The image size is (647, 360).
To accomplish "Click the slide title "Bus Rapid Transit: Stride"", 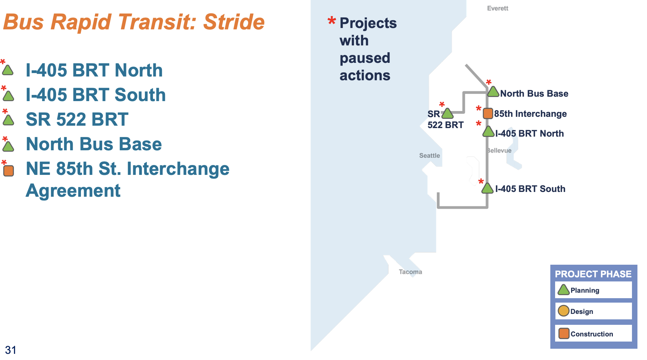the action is click(134, 22).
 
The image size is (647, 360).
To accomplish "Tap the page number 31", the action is click(11, 350).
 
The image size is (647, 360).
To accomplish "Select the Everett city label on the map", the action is click(497, 8).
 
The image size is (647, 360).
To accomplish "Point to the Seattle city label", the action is click(429, 155).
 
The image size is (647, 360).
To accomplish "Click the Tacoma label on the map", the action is click(410, 272).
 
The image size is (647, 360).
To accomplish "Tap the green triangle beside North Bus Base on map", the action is click(493, 92).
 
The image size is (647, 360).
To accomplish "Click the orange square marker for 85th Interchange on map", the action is click(488, 113).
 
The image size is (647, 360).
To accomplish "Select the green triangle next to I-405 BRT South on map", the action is click(487, 188).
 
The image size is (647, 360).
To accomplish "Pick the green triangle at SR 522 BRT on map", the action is click(447, 113).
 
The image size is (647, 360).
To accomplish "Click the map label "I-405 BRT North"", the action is click(529, 134).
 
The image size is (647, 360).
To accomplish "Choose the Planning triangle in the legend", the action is click(563, 290).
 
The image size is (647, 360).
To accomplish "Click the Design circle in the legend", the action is click(563, 311).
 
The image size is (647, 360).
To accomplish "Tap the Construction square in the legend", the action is click(564, 333).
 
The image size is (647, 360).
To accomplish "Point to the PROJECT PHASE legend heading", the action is click(593, 274).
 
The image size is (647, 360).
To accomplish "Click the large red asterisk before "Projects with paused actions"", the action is click(331, 21).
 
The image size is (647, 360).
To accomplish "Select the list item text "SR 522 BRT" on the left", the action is click(77, 120).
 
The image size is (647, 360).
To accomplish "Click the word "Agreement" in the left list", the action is click(73, 191).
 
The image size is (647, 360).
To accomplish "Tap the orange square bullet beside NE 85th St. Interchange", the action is click(9, 170).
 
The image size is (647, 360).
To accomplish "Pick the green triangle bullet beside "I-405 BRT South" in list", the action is click(8, 96).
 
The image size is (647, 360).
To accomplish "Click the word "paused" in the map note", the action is click(365, 58).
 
